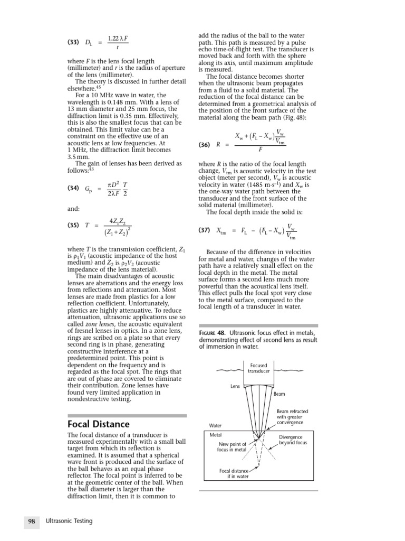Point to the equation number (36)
point(206,144)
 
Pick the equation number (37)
point(206,230)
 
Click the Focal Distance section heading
point(99,424)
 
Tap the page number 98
point(31,521)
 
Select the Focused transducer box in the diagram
point(258,368)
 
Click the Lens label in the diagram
point(235,386)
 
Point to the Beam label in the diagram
point(279,394)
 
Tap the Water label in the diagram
point(216,425)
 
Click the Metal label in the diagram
point(216,435)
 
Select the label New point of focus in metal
point(232,447)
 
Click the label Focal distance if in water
point(235,473)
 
